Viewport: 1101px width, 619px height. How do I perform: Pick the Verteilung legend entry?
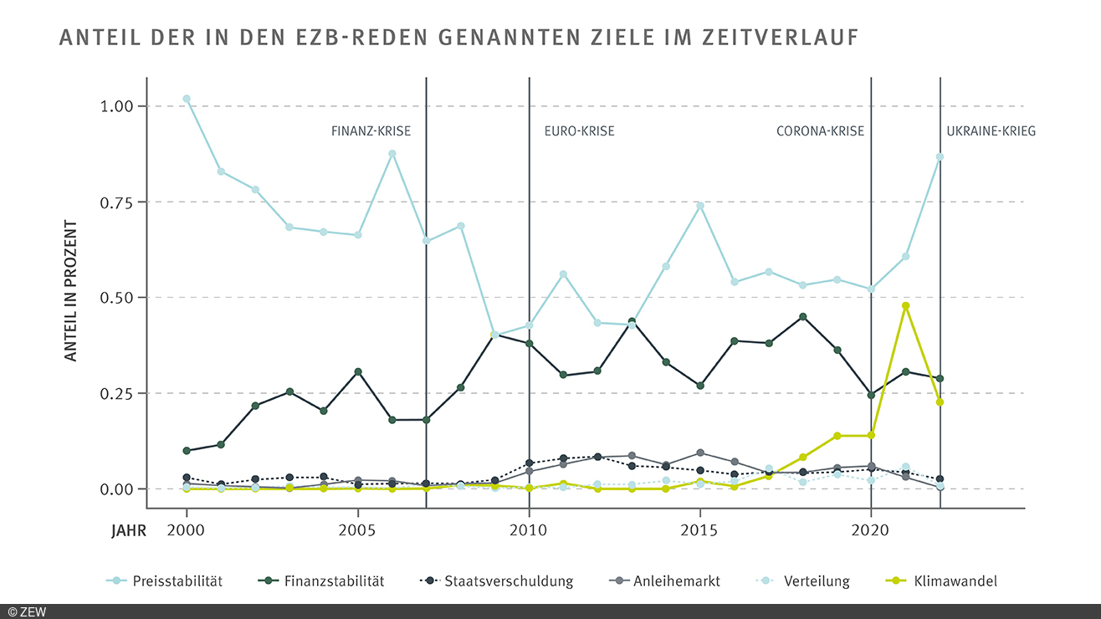(x=817, y=581)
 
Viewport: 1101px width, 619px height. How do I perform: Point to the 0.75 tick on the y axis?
(x=116, y=202)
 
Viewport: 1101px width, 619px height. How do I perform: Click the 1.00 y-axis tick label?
(x=116, y=106)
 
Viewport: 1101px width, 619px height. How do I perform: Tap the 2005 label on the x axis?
(x=357, y=529)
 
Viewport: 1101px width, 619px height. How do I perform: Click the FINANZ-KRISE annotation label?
(x=371, y=131)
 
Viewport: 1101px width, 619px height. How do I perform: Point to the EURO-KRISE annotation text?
(x=579, y=131)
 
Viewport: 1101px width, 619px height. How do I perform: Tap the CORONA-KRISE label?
(x=820, y=131)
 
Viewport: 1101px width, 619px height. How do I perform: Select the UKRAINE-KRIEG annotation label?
(x=991, y=131)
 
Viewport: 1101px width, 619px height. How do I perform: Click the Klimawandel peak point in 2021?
(x=905, y=305)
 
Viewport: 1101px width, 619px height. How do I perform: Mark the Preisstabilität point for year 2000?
(x=187, y=99)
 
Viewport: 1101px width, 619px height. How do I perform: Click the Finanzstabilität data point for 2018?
(x=803, y=317)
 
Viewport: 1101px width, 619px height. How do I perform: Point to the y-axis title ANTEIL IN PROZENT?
(x=71, y=291)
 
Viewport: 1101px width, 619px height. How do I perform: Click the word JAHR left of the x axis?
(x=127, y=529)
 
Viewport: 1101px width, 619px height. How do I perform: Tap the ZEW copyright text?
(x=27, y=611)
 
